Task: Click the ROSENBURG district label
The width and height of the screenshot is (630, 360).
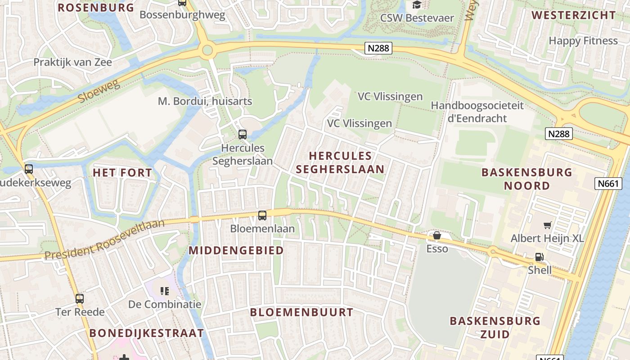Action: (x=96, y=7)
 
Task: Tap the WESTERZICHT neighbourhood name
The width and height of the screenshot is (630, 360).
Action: (x=573, y=15)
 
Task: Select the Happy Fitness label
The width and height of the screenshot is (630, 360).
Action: (x=583, y=40)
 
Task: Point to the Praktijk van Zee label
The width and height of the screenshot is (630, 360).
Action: (x=72, y=62)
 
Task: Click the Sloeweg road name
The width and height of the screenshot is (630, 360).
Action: (x=99, y=90)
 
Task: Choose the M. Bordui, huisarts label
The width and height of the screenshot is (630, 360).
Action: (x=205, y=101)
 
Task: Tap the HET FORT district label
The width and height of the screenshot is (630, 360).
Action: (x=122, y=172)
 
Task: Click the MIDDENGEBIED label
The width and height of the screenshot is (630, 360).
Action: (x=236, y=250)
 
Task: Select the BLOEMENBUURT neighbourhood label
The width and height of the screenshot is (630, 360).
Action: (x=301, y=312)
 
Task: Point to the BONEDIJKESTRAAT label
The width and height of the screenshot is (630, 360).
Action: (x=147, y=333)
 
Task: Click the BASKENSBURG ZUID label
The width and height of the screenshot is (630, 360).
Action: (x=495, y=327)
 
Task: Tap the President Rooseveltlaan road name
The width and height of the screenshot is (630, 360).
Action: (x=105, y=239)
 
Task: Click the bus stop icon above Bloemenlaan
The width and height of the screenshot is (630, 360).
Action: (x=262, y=216)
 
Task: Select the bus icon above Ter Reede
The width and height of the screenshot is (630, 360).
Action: (x=80, y=298)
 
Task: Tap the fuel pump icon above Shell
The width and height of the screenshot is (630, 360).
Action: (x=539, y=257)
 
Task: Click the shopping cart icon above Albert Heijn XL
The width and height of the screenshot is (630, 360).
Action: (x=547, y=225)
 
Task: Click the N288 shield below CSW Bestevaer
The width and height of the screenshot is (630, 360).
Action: (x=378, y=48)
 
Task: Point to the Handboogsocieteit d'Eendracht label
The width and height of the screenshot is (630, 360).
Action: (x=477, y=112)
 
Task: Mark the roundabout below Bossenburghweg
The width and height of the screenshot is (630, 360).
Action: (x=207, y=49)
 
